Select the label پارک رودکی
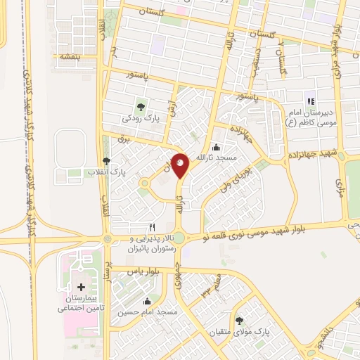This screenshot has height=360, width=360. (x=141, y=120)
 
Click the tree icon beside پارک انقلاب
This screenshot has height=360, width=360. (x=106, y=161)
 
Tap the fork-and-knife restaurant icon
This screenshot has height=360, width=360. (x=152, y=228)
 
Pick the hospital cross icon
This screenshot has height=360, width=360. (x=82, y=288)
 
